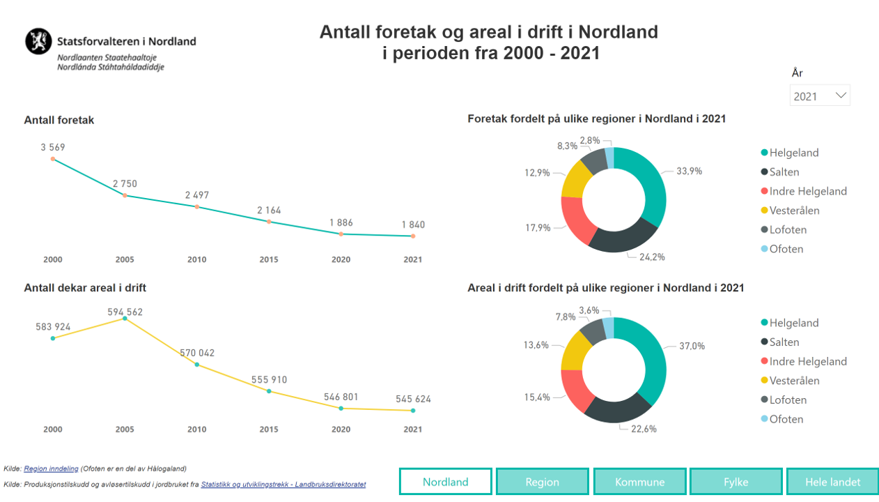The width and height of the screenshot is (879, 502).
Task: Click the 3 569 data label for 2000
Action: (53, 147)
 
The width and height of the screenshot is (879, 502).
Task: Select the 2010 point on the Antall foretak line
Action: (197, 207)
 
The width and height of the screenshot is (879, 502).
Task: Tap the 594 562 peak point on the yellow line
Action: (125, 319)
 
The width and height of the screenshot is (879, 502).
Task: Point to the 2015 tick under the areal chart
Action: (269, 429)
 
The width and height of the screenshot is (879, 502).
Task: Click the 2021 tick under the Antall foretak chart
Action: (413, 259)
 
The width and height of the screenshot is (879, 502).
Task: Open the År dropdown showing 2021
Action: (820, 96)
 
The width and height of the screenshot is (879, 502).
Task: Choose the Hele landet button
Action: (832, 482)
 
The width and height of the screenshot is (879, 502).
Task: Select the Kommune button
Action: (639, 482)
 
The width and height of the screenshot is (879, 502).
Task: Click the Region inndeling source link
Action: (51, 469)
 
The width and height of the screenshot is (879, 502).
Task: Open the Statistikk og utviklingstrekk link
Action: (283, 485)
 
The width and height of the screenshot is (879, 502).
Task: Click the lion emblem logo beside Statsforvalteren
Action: (38, 41)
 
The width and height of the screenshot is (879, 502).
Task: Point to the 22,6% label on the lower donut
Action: (644, 429)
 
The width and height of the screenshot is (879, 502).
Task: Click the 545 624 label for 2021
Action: (413, 399)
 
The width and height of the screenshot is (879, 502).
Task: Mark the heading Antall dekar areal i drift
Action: (85, 288)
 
